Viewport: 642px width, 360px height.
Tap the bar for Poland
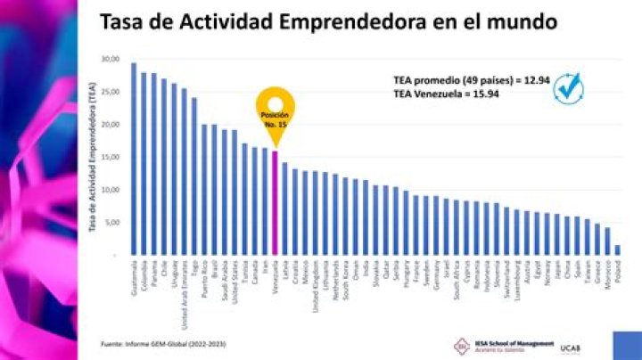(x=617, y=250)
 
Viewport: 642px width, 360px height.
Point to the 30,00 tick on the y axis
(x=110, y=59)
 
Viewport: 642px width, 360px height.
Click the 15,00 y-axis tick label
(x=110, y=157)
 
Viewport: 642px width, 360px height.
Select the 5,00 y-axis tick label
(x=111, y=223)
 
